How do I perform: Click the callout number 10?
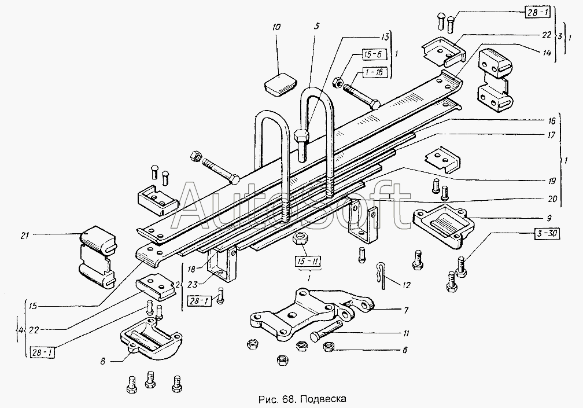pyautogui.click(x=276, y=27)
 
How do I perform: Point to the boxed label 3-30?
pyautogui.click(x=547, y=234)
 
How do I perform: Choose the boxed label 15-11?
pyautogui.click(x=308, y=262)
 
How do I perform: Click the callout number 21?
pyautogui.click(x=24, y=235)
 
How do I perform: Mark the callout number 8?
pyautogui.click(x=103, y=361)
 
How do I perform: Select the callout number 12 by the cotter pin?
pyautogui.click(x=406, y=285)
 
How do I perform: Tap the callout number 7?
pyautogui.click(x=406, y=310)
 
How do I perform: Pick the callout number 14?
pyautogui.click(x=546, y=53)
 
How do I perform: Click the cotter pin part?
pyautogui.click(x=381, y=275)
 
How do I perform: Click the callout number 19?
pyautogui.click(x=552, y=181)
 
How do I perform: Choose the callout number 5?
pyautogui.click(x=316, y=27)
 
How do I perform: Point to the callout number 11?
pyautogui.click(x=406, y=333)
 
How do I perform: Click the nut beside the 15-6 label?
pyautogui.click(x=338, y=82)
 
